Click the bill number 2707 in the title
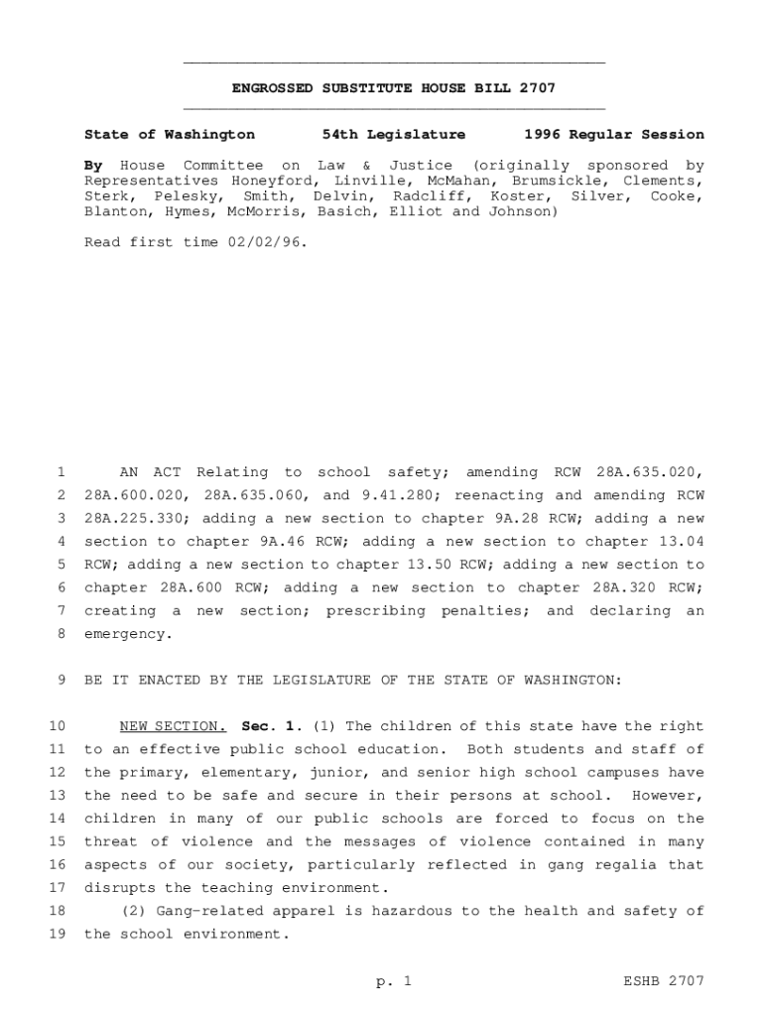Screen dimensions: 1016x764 [536, 88]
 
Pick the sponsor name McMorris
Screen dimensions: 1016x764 [266, 211]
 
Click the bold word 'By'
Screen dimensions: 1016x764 [94, 165]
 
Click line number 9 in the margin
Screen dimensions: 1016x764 [61, 680]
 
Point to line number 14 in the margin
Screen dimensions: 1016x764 [57, 819]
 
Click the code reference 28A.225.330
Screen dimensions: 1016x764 [127, 518]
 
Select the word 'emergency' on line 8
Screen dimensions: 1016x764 [126, 634]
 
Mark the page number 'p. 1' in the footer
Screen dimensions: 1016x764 [393, 981]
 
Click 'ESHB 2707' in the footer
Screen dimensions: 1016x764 [664, 981]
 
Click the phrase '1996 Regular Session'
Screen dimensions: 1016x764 [614, 134]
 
